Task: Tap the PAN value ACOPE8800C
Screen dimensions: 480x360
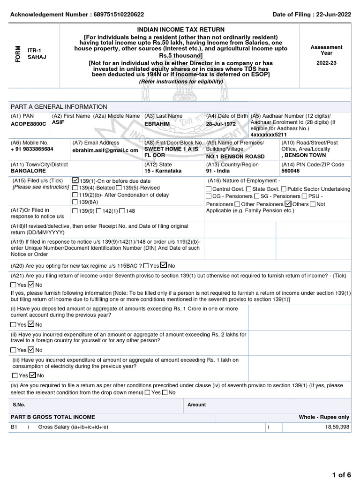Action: [29, 124]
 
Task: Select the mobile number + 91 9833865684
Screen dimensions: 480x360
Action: [31, 149]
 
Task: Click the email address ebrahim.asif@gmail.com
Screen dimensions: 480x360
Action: [105, 150]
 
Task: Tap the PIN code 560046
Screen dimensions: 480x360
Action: [291, 171]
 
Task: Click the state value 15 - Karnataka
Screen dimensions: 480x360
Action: [163, 171]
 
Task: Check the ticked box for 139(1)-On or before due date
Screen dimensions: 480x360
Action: [75, 180]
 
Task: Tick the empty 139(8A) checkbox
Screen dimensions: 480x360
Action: [75, 202]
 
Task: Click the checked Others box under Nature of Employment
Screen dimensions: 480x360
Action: [288, 204]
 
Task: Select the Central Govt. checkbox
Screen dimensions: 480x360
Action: [209, 189]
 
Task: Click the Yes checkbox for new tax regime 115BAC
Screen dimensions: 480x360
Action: [147, 265]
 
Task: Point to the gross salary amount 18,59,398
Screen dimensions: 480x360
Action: [337, 427]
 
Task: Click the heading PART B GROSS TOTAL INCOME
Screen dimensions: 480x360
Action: [52, 417]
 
